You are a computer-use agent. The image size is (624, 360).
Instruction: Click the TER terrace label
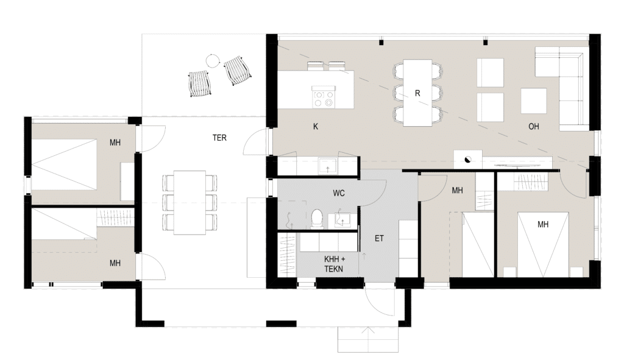click(219, 138)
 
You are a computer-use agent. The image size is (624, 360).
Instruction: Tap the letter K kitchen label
click(316, 127)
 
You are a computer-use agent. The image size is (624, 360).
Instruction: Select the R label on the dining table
click(417, 93)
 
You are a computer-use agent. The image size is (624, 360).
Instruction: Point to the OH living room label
click(534, 127)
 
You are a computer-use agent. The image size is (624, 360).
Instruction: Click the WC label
click(339, 193)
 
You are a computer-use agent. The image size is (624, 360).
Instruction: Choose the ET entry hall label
click(379, 238)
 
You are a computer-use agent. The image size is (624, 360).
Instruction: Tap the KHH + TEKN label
click(334, 264)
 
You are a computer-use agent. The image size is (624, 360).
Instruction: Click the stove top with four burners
click(323, 97)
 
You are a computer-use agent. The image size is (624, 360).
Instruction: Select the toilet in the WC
click(317, 219)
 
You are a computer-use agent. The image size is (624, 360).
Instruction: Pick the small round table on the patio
click(213, 61)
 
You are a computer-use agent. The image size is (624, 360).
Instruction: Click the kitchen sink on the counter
click(327, 166)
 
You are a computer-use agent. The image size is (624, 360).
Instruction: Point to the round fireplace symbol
click(467, 160)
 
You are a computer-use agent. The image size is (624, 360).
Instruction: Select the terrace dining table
click(190, 202)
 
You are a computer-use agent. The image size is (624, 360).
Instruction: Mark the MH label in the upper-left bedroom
click(115, 143)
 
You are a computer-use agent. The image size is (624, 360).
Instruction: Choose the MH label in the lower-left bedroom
click(115, 263)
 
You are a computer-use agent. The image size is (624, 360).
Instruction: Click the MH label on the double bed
click(543, 224)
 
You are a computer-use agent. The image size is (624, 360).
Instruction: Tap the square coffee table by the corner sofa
click(533, 101)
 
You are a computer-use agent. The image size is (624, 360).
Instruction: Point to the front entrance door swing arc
click(375, 305)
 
